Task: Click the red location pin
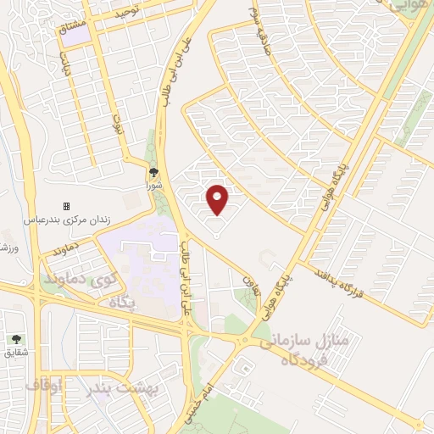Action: [x=219, y=199]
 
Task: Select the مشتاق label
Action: [x=73, y=28]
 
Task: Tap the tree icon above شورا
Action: [x=153, y=171]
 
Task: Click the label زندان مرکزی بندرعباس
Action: [x=67, y=220]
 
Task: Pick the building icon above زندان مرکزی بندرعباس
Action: [x=67, y=206]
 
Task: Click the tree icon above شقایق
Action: [x=16, y=339]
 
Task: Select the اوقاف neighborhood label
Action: [x=44, y=386]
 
